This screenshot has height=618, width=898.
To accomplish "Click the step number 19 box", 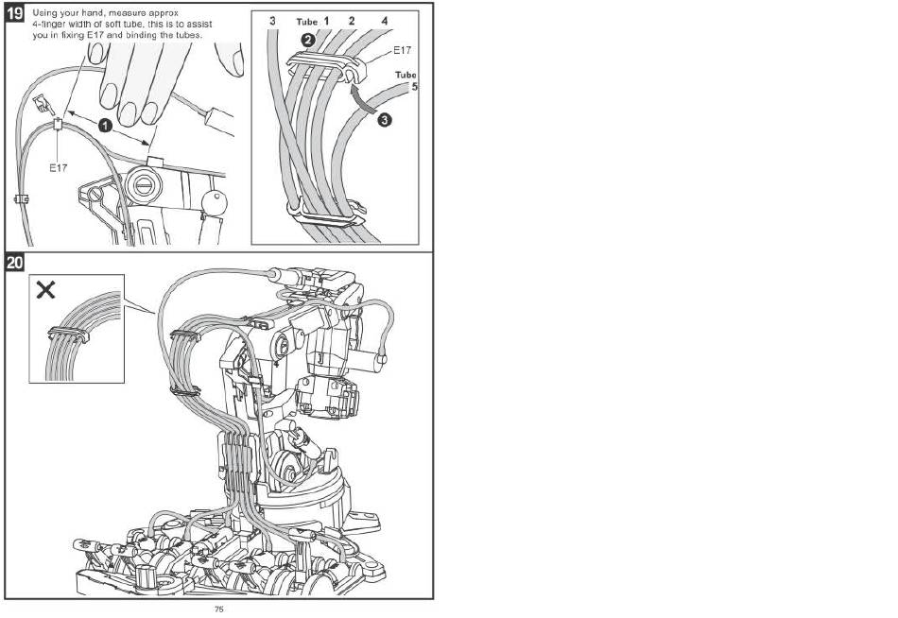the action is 15,12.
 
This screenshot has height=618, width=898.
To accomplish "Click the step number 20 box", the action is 15,263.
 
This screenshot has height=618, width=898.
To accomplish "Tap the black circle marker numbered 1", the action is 105,125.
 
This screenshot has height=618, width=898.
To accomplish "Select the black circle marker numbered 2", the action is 307,40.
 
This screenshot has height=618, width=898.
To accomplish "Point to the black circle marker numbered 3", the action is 385,120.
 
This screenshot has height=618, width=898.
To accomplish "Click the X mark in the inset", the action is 45,289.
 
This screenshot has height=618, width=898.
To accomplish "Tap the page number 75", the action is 218,609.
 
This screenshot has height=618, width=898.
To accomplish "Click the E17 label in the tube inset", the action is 402,50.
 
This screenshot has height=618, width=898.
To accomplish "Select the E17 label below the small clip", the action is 58,168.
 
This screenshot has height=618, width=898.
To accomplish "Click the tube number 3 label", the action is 272,21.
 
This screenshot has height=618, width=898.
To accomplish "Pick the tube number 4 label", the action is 385,21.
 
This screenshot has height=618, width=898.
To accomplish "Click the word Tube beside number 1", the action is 306,22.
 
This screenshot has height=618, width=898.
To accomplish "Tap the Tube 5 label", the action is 406,80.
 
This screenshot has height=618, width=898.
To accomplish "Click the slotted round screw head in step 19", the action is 141,185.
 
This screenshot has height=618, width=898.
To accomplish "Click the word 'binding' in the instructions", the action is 138,35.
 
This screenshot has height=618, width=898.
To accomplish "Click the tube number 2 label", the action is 352,21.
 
